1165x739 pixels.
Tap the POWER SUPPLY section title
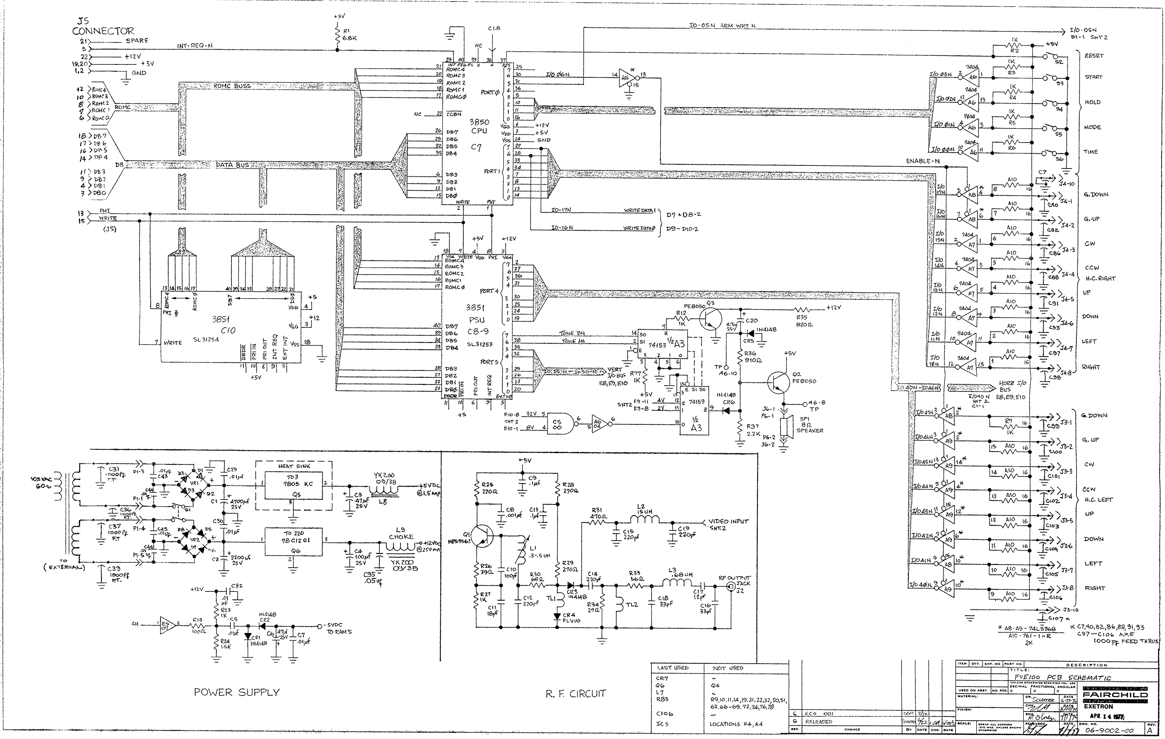236,692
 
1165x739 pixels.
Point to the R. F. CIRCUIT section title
575,694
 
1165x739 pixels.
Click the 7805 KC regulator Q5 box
293,485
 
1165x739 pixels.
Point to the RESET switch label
1094,56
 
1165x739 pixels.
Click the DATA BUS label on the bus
232,165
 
